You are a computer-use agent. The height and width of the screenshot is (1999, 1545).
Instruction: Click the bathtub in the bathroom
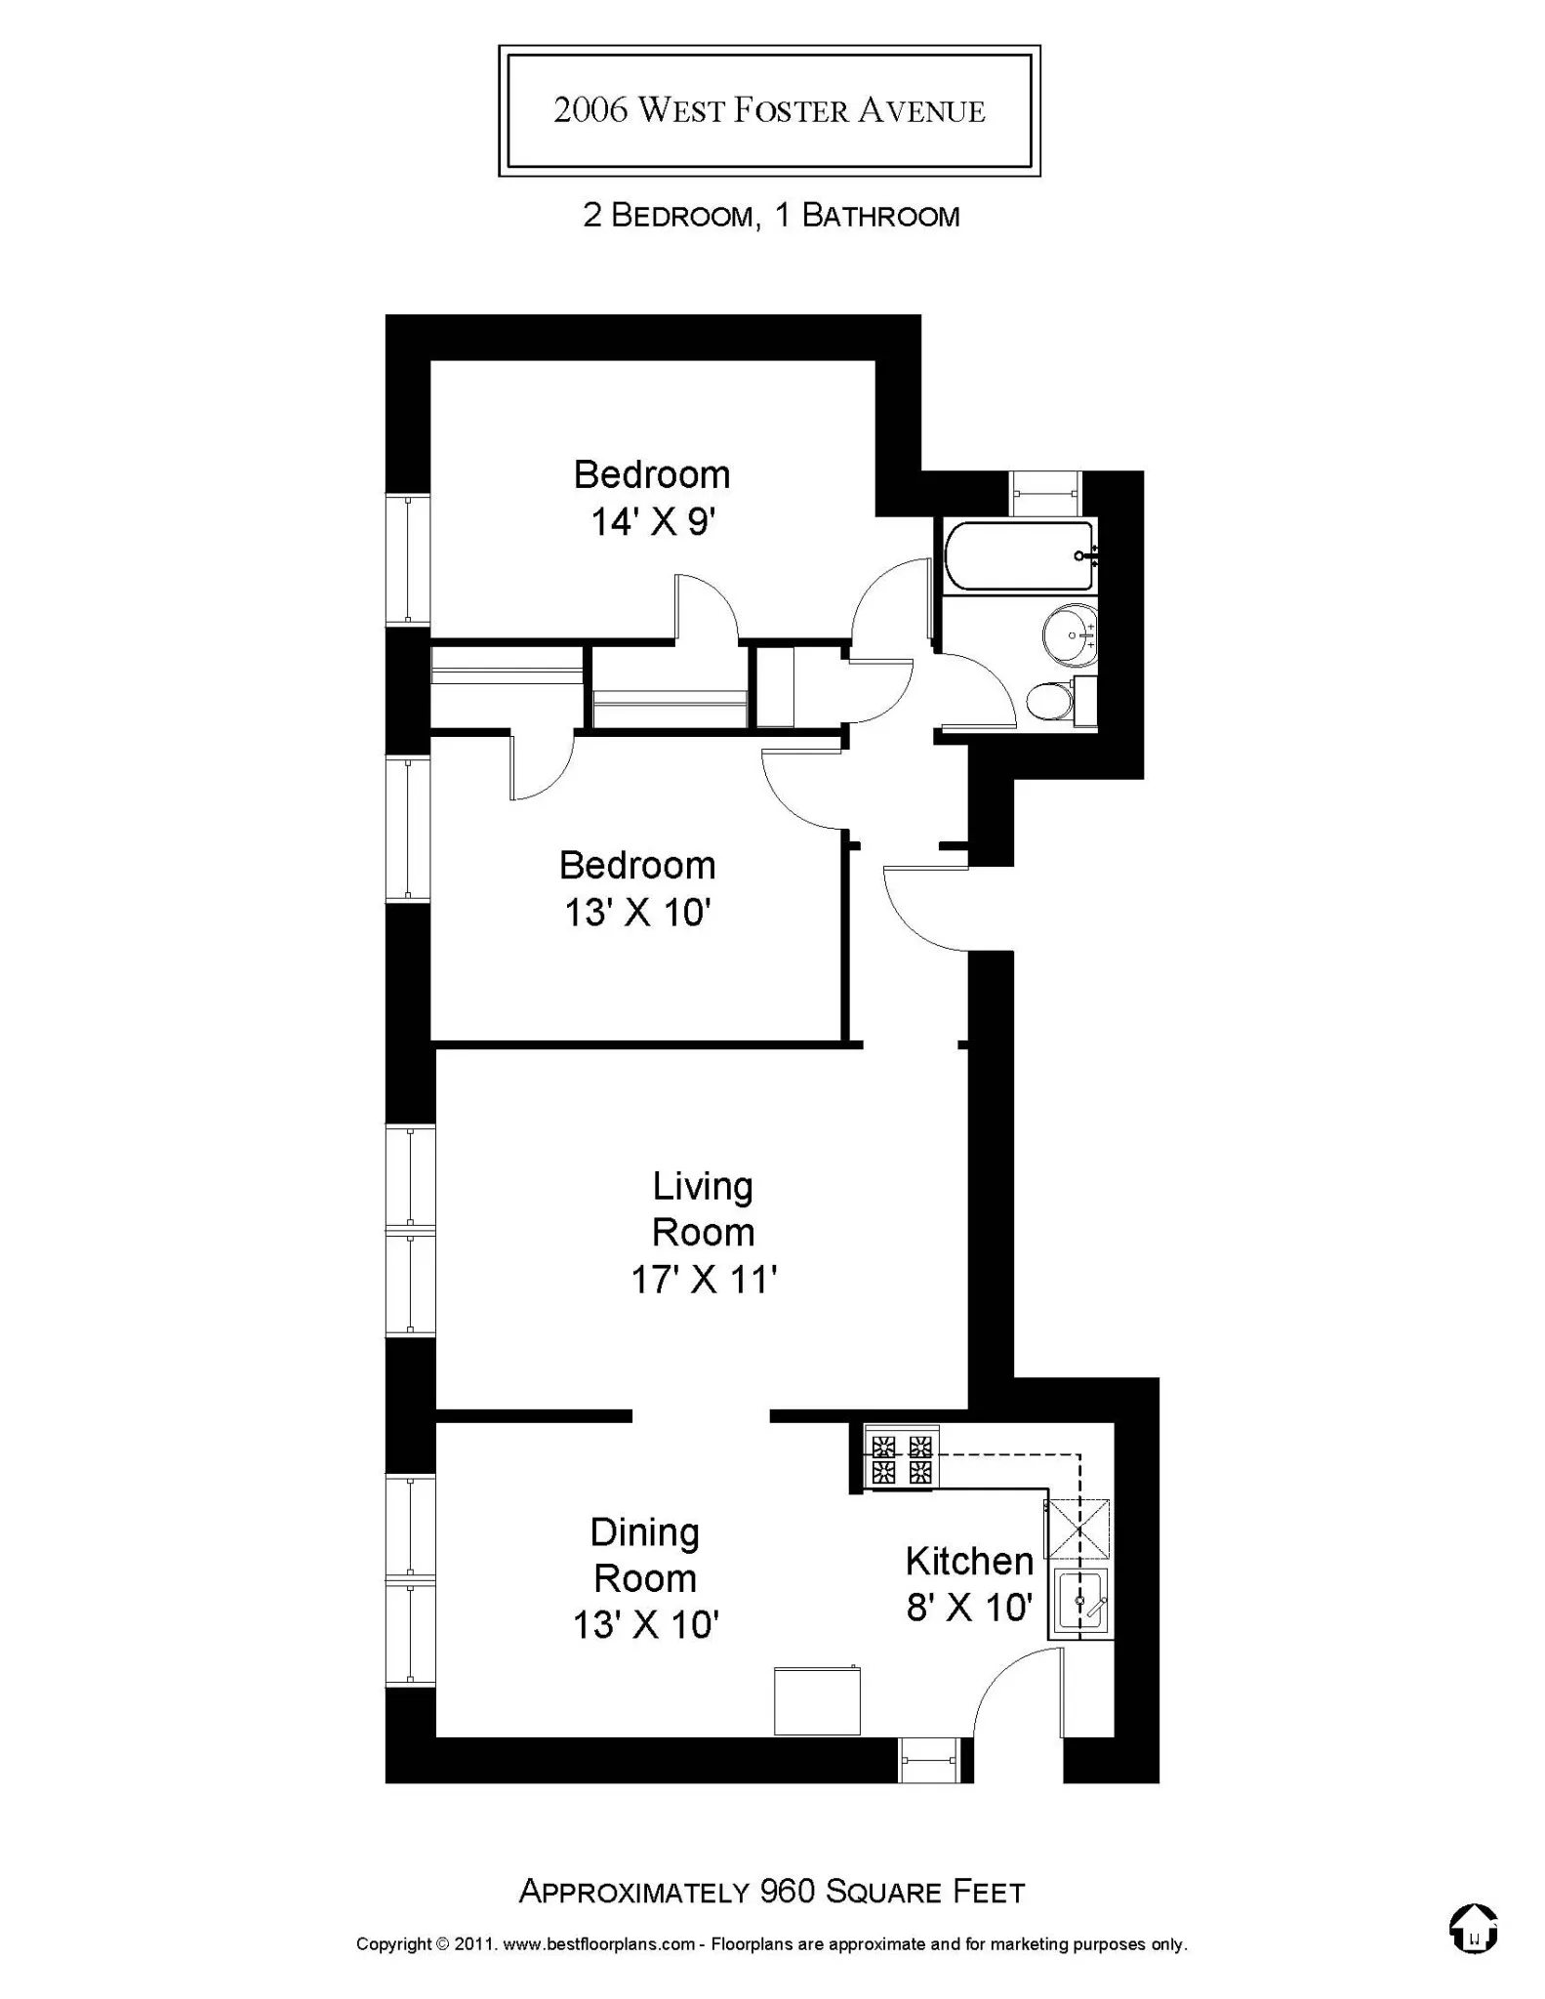1020,555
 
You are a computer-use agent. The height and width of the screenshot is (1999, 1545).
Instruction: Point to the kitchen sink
1080,1600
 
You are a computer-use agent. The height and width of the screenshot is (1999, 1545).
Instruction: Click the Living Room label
703,1209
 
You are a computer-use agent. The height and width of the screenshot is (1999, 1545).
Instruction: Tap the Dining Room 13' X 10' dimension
645,1625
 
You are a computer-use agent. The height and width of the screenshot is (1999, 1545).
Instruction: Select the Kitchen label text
969,1561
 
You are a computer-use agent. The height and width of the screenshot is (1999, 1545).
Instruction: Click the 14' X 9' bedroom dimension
653,522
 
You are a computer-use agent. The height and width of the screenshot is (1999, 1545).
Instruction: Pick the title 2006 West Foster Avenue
769,110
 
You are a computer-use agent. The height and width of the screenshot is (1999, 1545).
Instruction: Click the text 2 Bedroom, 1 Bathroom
771,216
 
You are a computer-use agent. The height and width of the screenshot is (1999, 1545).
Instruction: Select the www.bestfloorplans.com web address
598,1944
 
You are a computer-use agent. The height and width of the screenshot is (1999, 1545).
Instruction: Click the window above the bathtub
1044,493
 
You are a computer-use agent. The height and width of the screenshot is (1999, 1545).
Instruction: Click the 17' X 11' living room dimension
703,1279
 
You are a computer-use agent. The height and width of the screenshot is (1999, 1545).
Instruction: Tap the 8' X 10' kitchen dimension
969,1607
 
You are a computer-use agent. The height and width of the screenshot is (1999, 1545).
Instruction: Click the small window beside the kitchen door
929,1760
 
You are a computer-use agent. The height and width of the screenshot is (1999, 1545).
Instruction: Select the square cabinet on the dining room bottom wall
817,1700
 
